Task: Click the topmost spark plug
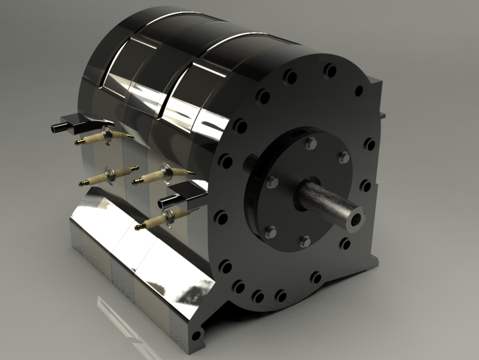pos(105,137)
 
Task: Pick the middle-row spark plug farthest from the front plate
pos(110,175)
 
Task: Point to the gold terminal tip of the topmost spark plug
pos(79,143)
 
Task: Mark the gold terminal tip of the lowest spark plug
pos(138,227)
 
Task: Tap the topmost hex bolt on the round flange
pos(310,143)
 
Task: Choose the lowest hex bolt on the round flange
pos(305,241)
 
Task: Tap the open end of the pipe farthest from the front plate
pos(56,128)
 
